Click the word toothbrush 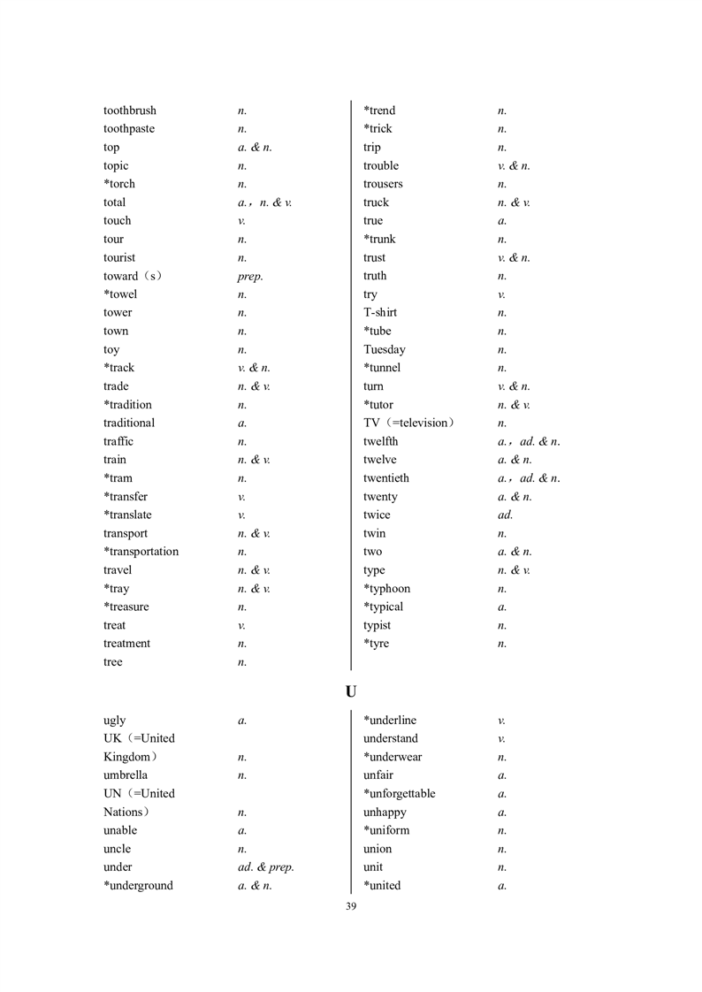(x=130, y=111)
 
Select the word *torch (x=119, y=184)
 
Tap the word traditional (x=129, y=423)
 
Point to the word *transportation (x=141, y=552)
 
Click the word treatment (x=126, y=644)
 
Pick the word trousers (x=383, y=184)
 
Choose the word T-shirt (x=380, y=312)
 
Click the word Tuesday (x=385, y=349)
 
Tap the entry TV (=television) (x=408, y=423)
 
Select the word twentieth (x=386, y=478)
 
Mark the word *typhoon (x=387, y=589)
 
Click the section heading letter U (x=351, y=691)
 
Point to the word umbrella (x=126, y=775)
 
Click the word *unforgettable (x=400, y=794)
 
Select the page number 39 (x=351, y=906)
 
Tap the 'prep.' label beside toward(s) (x=244, y=277)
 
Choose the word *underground (x=138, y=886)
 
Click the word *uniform (x=386, y=830)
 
